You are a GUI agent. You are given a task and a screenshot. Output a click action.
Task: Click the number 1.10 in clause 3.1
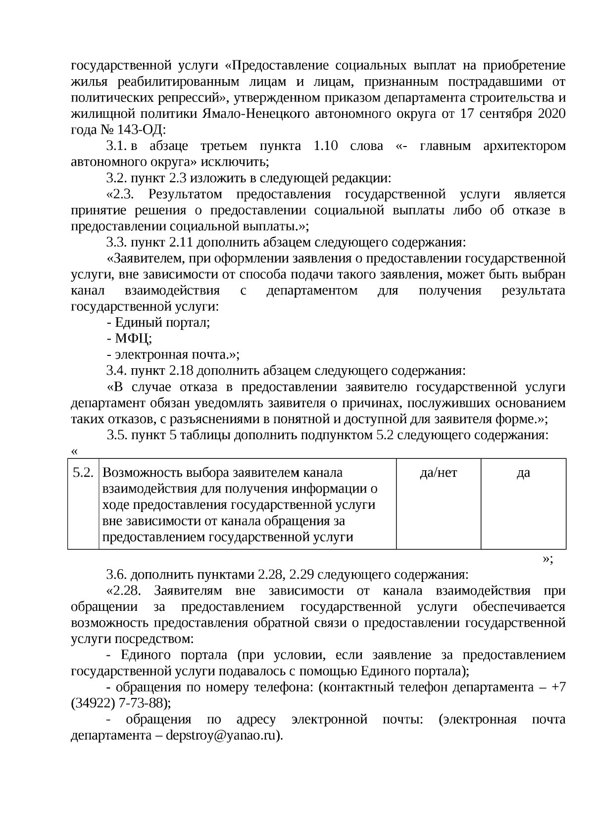tap(326, 146)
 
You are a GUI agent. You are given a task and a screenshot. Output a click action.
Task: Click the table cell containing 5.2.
tap(83, 473)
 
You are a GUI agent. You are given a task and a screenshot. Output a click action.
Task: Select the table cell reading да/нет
tap(438, 473)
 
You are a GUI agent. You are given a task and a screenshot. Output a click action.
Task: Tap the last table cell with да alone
tap(523, 473)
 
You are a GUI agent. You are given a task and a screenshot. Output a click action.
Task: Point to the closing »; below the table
tap(547, 559)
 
